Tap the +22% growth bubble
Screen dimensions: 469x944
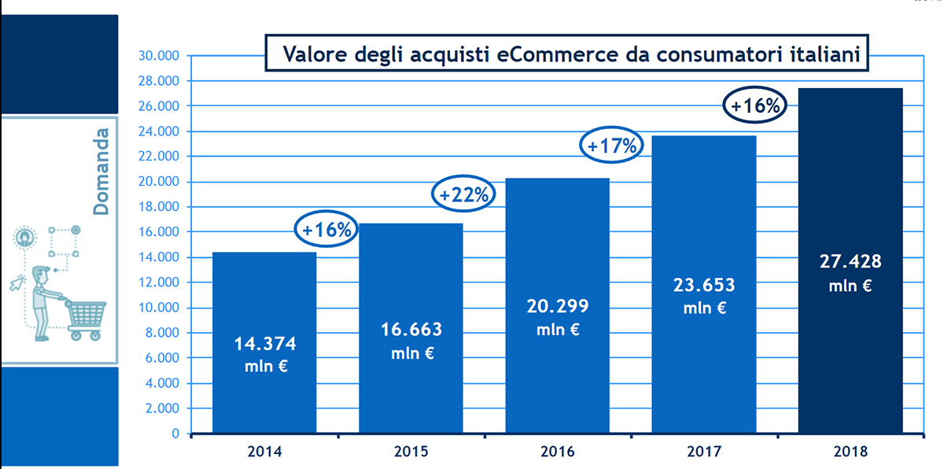(463, 195)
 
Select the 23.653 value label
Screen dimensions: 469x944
(703, 285)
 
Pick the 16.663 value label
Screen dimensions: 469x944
(411, 329)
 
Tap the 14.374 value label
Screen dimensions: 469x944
(266, 344)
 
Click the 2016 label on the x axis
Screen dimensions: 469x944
(558, 452)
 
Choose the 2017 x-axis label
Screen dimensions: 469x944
(704, 452)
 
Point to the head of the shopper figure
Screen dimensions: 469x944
(42, 277)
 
